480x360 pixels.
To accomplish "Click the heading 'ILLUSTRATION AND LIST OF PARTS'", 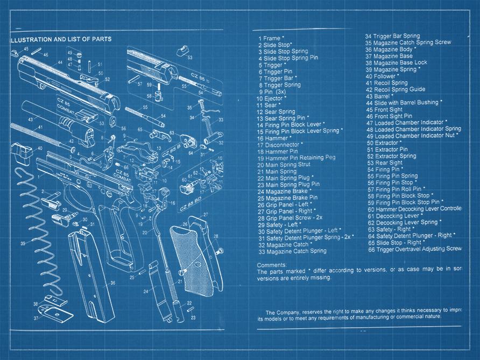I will pyautogui.click(x=61, y=39).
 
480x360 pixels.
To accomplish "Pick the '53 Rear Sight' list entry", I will pyautogui.click(x=385, y=163).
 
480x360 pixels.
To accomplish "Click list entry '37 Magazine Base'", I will pyautogui.click(x=389, y=56).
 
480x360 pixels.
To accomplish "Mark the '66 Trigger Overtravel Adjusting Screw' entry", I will pyautogui.click(x=414, y=249).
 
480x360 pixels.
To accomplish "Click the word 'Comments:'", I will pyautogui.click(x=272, y=265).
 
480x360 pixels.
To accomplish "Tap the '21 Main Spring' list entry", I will pyautogui.click(x=277, y=172).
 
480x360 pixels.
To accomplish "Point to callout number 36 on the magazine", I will pyautogui.click(x=112, y=283).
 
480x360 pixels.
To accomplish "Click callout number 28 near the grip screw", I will pyautogui.click(x=215, y=236).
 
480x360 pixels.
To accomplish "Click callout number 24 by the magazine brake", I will pyautogui.click(x=146, y=291).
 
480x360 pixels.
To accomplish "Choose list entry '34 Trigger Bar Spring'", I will pyautogui.click(x=392, y=36).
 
